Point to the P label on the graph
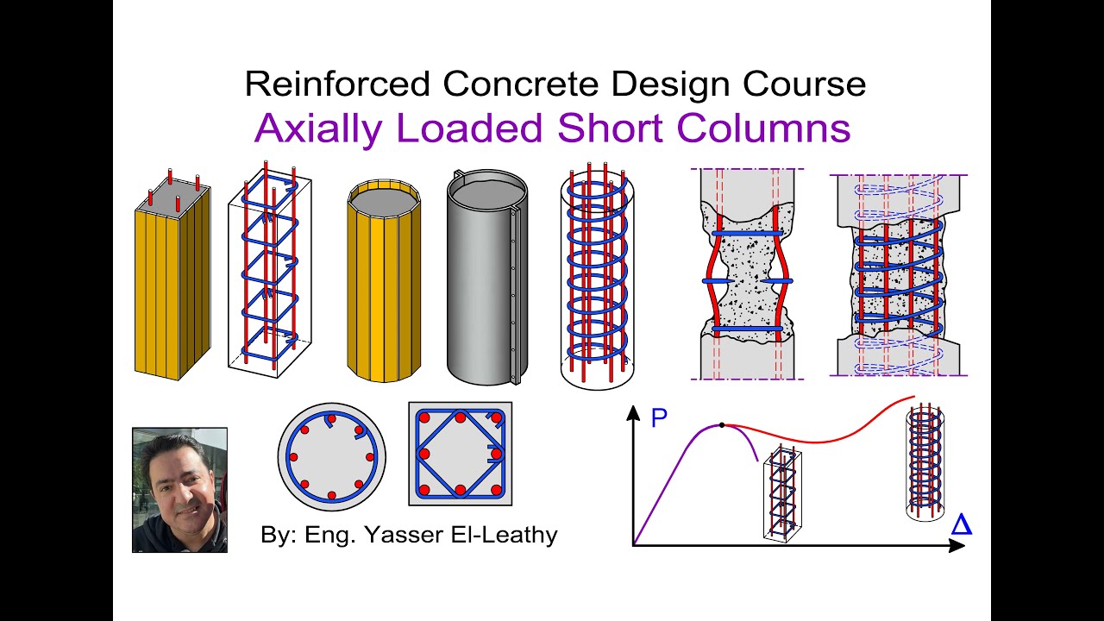click(659, 419)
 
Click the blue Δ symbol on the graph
click(961, 524)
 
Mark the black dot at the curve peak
click(722, 425)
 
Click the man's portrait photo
click(179, 489)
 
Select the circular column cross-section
click(331, 455)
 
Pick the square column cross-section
click(460, 454)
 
